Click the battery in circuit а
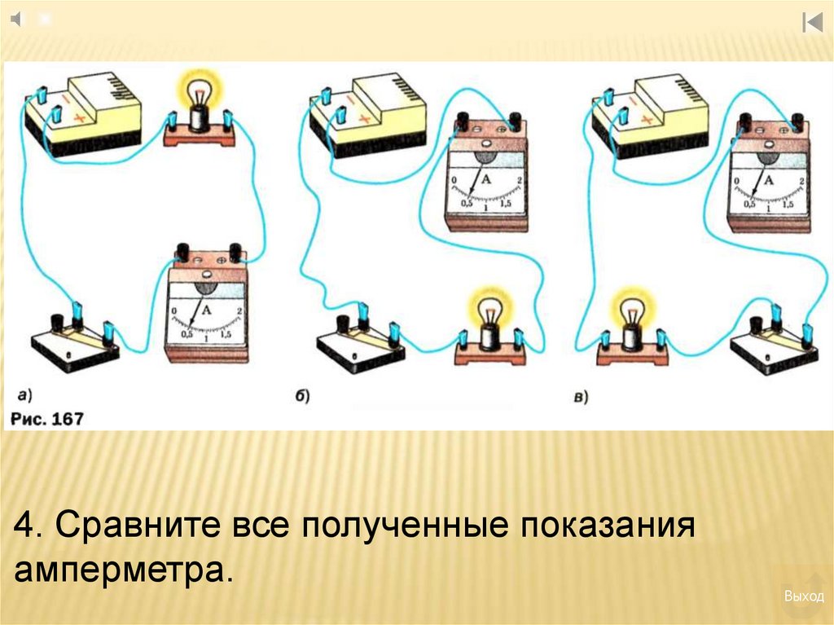point(83,117)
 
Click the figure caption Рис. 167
point(46,419)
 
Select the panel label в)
point(582,397)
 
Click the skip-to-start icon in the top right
point(812,22)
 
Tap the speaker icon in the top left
point(17,19)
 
